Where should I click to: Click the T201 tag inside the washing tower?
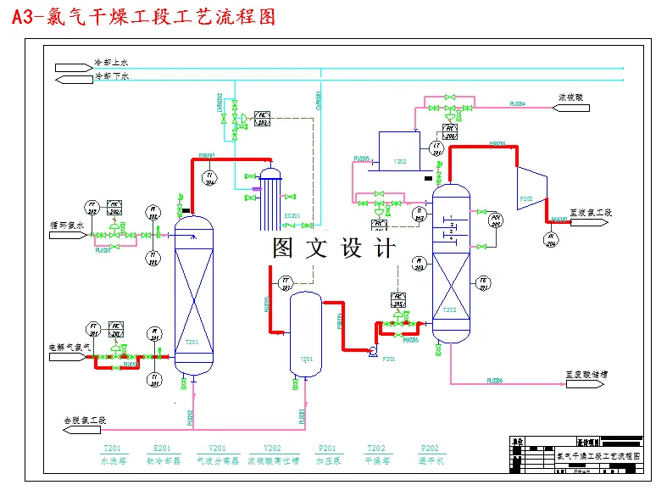(192, 342)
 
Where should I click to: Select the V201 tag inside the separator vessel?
(306, 359)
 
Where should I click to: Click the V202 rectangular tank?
(398, 150)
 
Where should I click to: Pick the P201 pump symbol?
(372, 350)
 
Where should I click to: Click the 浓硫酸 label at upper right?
(570, 97)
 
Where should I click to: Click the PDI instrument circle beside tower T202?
(497, 221)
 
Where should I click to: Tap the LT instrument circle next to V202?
(437, 149)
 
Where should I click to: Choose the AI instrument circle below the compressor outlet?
(551, 241)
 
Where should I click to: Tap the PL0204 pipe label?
(517, 103)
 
